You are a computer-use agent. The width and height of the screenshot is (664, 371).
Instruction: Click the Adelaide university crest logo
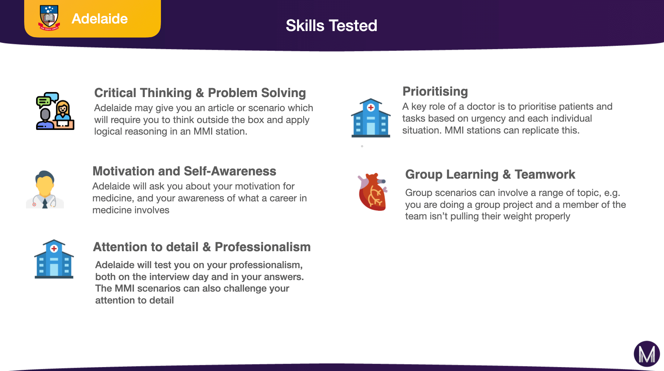coord(49,18)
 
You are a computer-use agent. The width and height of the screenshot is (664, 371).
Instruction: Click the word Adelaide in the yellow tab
coord(100,19)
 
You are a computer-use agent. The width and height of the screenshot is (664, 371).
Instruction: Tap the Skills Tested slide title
coord(331,26)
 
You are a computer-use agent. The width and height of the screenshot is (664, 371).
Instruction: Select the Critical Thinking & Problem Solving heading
coord(200,93)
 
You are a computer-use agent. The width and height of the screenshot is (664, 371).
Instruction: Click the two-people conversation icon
coord(55,111)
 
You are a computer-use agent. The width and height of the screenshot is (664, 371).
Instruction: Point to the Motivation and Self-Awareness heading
coord(184,171)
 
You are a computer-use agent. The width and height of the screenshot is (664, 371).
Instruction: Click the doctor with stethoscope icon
coord(45,189)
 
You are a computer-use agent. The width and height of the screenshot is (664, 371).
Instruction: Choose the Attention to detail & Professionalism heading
coord(202,247)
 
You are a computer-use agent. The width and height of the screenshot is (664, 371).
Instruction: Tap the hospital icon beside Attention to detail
coord(54,259)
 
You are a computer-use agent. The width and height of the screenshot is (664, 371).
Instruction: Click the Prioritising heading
coord(435,91)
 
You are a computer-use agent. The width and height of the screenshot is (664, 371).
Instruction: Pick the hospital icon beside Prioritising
coord(371,118)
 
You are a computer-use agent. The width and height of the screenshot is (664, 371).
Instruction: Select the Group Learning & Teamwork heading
coord(490,174)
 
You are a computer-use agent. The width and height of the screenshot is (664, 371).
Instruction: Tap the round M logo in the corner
coord(647,354)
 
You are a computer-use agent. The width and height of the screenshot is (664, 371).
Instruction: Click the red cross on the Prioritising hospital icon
coord(371,108)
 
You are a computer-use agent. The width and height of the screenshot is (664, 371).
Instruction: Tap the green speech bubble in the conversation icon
coord(44,101)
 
